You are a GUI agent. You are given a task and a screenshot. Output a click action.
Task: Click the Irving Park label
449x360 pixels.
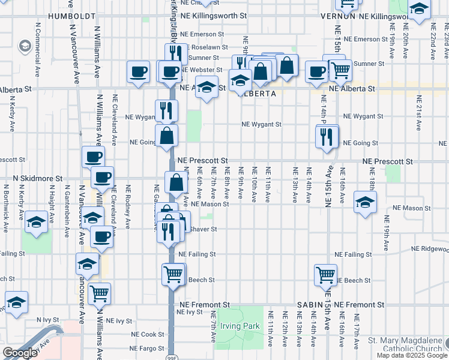239,326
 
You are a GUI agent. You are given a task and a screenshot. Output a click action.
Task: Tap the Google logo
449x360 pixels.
20,353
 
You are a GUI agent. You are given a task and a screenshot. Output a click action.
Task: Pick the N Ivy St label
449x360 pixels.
47,320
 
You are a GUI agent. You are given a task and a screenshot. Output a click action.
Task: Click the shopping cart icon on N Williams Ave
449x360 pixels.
99,293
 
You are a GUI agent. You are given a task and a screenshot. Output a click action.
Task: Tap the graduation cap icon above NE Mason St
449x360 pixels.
365,202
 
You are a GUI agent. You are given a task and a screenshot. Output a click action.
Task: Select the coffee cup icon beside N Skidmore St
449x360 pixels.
102,177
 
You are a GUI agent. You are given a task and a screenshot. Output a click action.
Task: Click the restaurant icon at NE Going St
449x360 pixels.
327,136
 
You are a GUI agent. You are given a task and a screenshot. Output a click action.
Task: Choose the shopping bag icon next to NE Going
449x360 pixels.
167,135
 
